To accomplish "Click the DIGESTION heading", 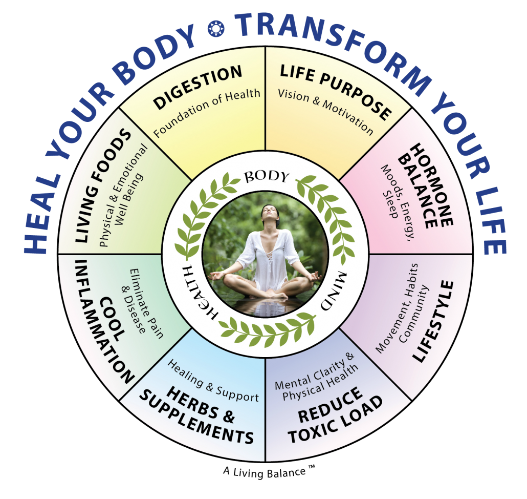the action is pyautogui.click(x=197, y=87).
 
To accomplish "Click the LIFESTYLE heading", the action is pyautogui.click(x=433, y=321).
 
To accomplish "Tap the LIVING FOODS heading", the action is pyautogui.click(x=102, y=185).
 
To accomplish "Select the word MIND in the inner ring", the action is pyautogui.click(x=333, y=290).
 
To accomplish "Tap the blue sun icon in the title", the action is pyautogui.click(x=216, y=29).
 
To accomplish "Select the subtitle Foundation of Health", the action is pyautogui.click(x=207, y=112).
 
